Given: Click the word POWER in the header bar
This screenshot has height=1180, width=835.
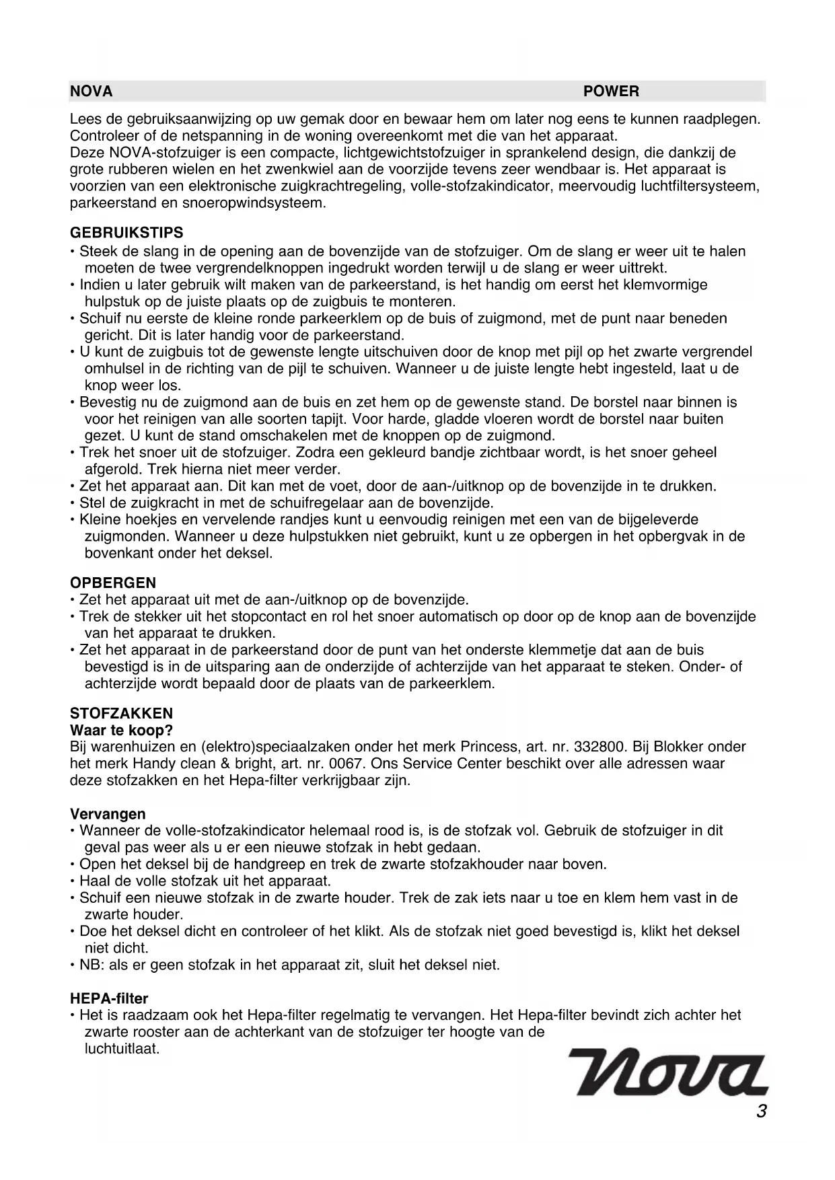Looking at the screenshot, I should (x=611, y=91).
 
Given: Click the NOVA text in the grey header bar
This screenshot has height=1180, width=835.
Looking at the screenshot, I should (x=92, y=91).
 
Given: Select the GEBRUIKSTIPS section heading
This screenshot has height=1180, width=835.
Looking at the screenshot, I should (x=126, y=233).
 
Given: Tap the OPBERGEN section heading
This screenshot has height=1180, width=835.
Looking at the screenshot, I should (x=113, y=583).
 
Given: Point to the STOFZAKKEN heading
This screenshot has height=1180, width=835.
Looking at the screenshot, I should (x=122, y=714).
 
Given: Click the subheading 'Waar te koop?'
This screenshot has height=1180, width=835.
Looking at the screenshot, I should (x=122, y=730).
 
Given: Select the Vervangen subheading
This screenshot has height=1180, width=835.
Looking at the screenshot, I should (x=108, y=814).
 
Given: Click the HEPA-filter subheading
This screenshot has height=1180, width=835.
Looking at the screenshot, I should (x=109, y=998).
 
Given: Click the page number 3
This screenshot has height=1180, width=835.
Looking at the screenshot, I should (x=761, y=1111).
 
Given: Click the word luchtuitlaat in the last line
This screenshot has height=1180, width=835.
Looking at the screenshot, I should (x=122, y=1049).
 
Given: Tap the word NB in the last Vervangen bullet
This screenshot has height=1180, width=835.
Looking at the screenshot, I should (x=89, y=965).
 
